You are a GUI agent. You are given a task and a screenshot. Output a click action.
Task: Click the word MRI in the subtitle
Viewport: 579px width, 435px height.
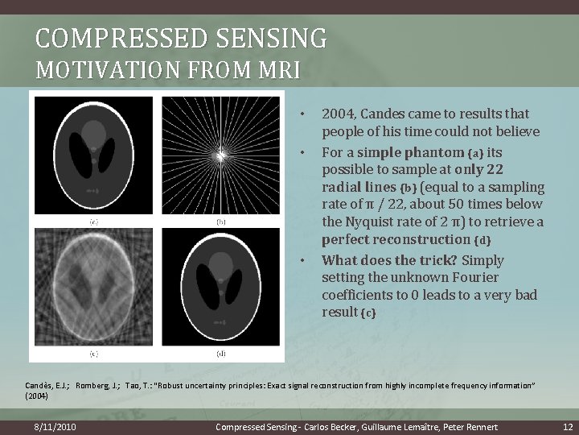pyautogui.click(x=277, y=71)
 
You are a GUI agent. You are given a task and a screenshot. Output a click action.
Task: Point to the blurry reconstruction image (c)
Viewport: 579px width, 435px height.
pyautogui.click(x=93, y=286)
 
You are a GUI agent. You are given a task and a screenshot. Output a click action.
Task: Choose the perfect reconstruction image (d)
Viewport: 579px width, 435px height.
pyautogui.click(x=221, y=286)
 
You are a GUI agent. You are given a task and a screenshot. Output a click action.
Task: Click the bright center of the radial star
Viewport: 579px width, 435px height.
pyautogui.click(x=220, y=153)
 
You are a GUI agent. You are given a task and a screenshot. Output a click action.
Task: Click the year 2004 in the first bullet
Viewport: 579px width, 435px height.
pyautogui.click(x=338, y=114)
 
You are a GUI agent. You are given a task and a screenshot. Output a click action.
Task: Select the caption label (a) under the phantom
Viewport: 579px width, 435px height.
pyautogui.click(x=93, y=221)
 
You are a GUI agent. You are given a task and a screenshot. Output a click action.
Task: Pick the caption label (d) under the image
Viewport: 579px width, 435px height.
pyautogui.click(x=221, y=353)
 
